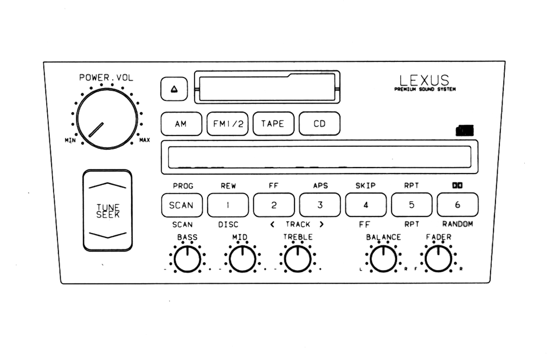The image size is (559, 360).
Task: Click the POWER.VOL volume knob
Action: (x=107, y=119)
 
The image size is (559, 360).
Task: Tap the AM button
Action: (x=181, y=124)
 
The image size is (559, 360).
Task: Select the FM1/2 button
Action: (x=227, y=124)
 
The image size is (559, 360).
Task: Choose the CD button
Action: (x=319, y=124)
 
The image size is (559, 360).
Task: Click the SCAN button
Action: (x=181, y=205)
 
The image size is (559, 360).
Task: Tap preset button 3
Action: (x=320, y=205)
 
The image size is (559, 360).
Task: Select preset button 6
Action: (x=458, y=205)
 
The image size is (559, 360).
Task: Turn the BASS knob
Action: (x=187, y=259)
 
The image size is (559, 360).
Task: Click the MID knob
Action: (x=242, y=259)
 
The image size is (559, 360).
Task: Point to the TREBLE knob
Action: (x=298, y=259)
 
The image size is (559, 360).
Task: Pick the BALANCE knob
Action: (x=383, y=259)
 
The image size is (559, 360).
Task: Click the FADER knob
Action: (x=438, y=259)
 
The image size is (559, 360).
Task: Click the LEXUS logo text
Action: (x=425, y=81)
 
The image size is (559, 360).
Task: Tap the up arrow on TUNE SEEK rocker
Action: (x=107, y=186)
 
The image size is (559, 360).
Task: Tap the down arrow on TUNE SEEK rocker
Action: (x=107, y=235)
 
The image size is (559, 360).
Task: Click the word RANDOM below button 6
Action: (x=458, y=224)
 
